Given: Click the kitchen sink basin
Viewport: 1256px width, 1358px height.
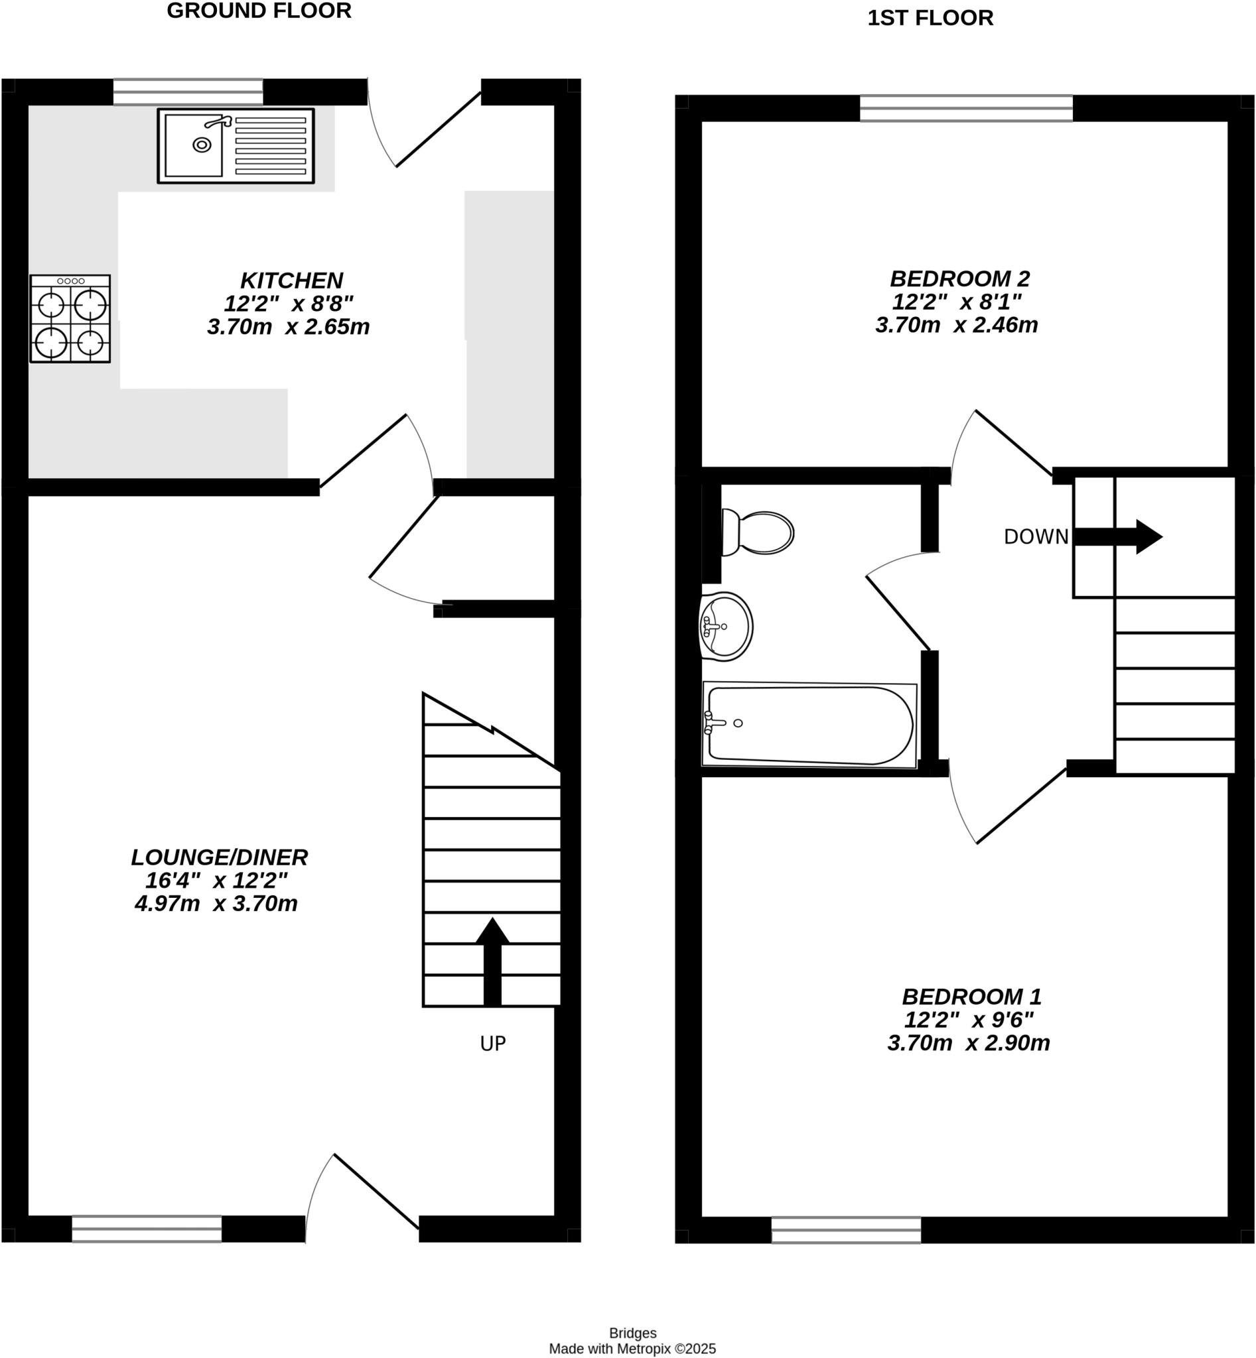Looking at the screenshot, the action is [194, 145].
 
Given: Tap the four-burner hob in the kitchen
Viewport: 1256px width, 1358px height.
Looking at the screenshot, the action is [70, 318].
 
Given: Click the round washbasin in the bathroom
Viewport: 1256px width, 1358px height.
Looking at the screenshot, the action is [727, 627].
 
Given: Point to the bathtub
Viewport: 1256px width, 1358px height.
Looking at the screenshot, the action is [809, 725].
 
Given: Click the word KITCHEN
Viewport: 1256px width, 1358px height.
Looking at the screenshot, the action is [291, 280].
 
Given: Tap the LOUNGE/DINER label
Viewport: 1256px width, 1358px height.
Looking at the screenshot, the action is [220, 858].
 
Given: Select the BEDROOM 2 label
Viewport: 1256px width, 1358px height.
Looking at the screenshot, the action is [959, 278].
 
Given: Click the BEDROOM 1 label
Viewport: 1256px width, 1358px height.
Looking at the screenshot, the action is [971, 997].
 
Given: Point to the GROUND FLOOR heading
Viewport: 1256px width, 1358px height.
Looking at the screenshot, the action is [259, 11].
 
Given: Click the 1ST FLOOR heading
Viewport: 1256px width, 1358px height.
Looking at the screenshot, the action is [930, 19].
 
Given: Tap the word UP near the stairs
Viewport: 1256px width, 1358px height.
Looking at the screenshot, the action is [493, 1044].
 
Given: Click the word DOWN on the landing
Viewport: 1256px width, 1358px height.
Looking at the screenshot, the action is [1036, 536].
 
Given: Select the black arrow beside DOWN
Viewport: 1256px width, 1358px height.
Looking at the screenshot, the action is [1118, 536].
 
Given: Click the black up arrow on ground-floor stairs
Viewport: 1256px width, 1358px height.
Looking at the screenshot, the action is [492, 962].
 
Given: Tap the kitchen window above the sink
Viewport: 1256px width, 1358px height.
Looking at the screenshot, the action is [188, 92].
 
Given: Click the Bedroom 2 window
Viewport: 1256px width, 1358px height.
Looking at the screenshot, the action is [966, 108].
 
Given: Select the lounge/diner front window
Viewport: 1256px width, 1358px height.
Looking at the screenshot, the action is [147, 1229].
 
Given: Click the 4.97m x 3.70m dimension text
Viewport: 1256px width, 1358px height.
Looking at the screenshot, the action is [216, 904].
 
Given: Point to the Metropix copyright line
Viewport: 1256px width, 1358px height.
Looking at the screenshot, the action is [632, 1349].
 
